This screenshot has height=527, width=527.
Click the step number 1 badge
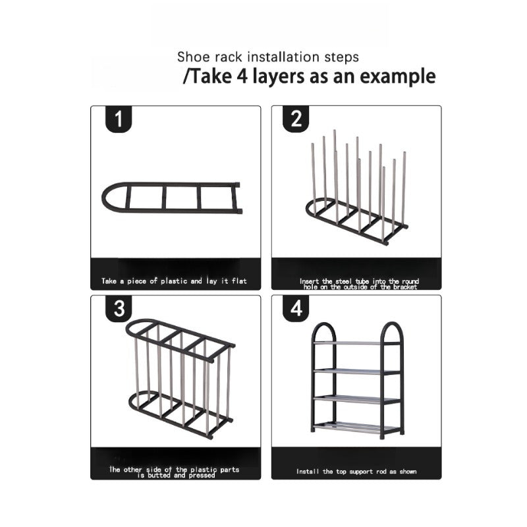click(119, 119)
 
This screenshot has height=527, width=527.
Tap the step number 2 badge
click(296, 119)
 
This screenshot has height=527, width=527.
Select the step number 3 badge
click(119, 309)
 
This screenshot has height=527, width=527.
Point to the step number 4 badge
click(296, 309)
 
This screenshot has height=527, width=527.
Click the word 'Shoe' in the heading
click(191, 57)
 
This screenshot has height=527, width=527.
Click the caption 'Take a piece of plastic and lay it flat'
click(174, 281)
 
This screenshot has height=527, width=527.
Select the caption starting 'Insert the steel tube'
click(359, 283)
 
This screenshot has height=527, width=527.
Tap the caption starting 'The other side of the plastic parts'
click(175, 472)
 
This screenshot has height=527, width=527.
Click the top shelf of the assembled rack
click(356, 343)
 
